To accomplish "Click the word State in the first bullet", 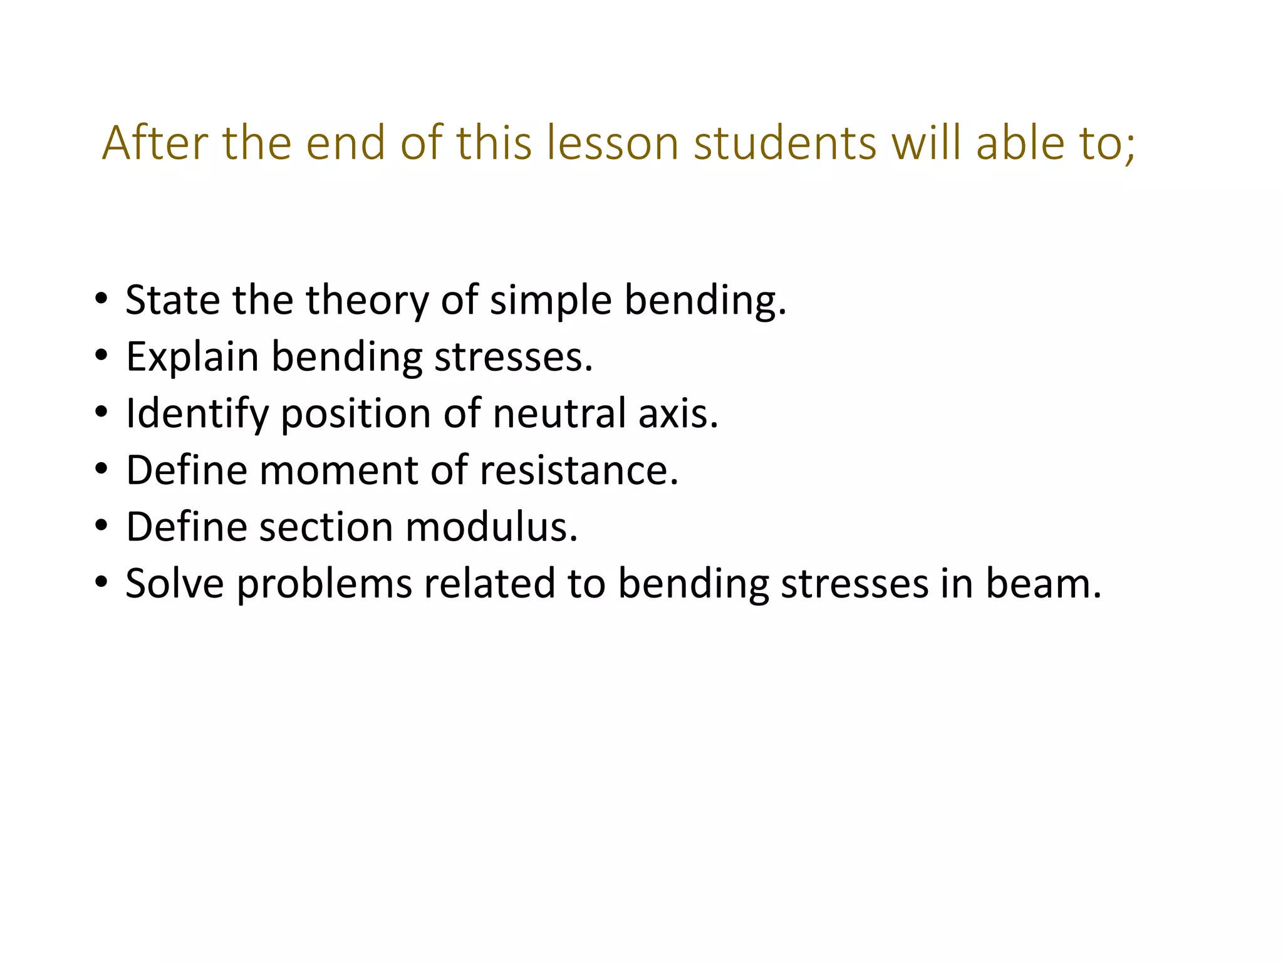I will (172, 300).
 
